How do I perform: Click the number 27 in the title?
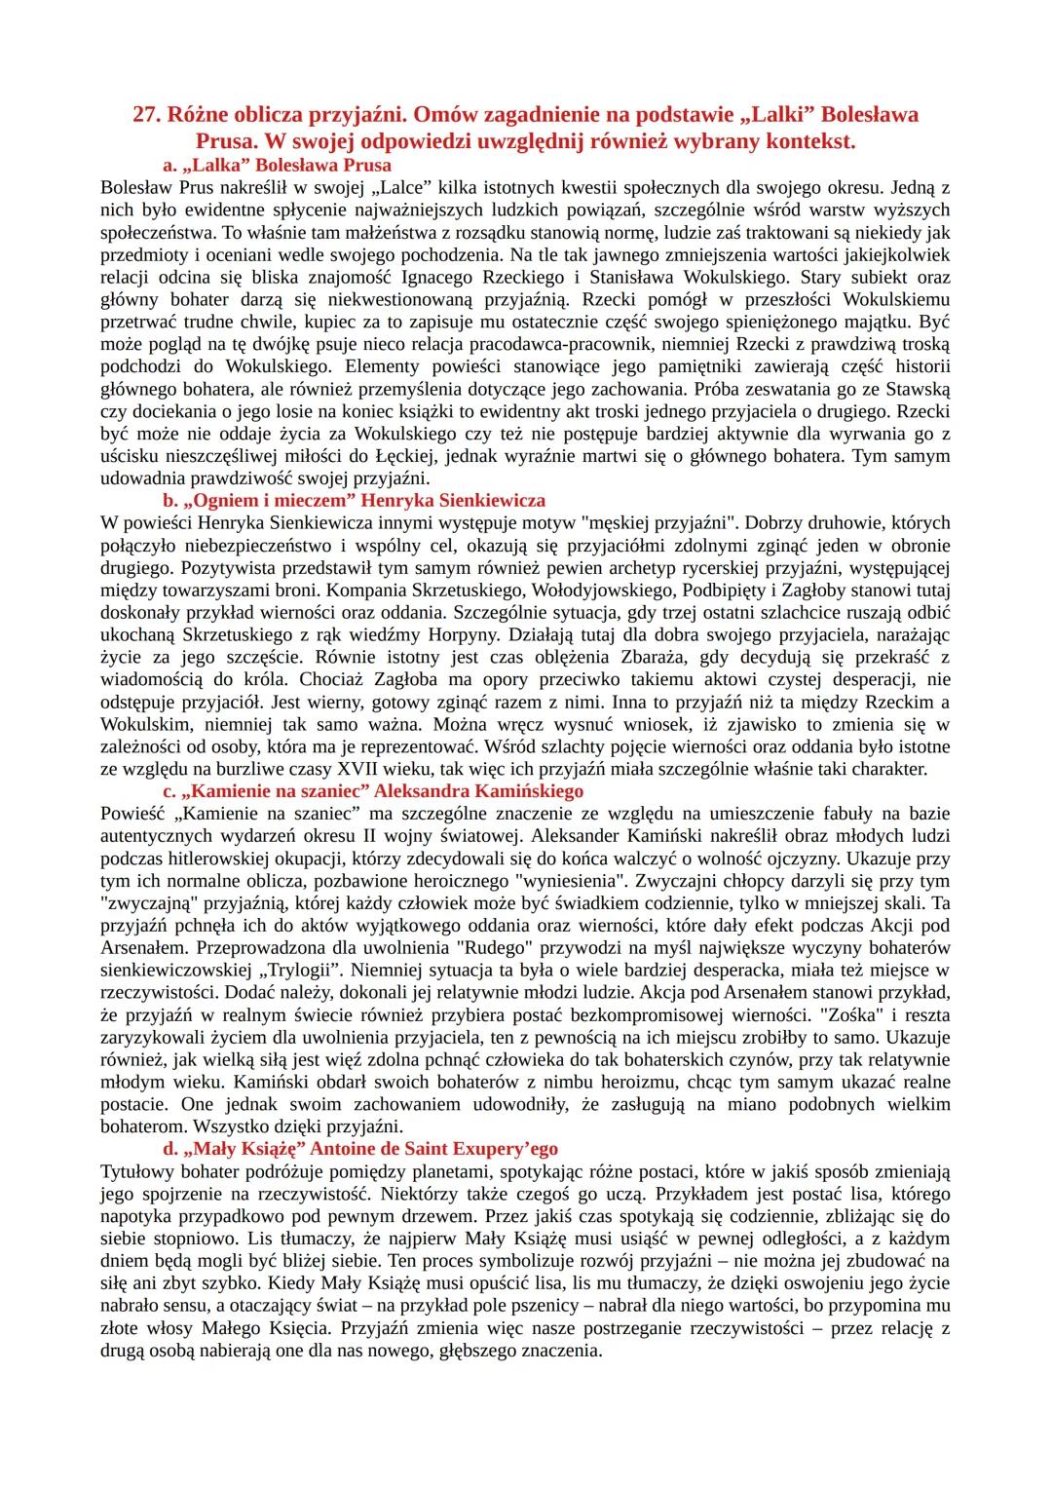(x=146, y=115)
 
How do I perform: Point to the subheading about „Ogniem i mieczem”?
(x=354, y=501)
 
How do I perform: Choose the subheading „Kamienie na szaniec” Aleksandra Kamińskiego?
(x=373, y=790)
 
